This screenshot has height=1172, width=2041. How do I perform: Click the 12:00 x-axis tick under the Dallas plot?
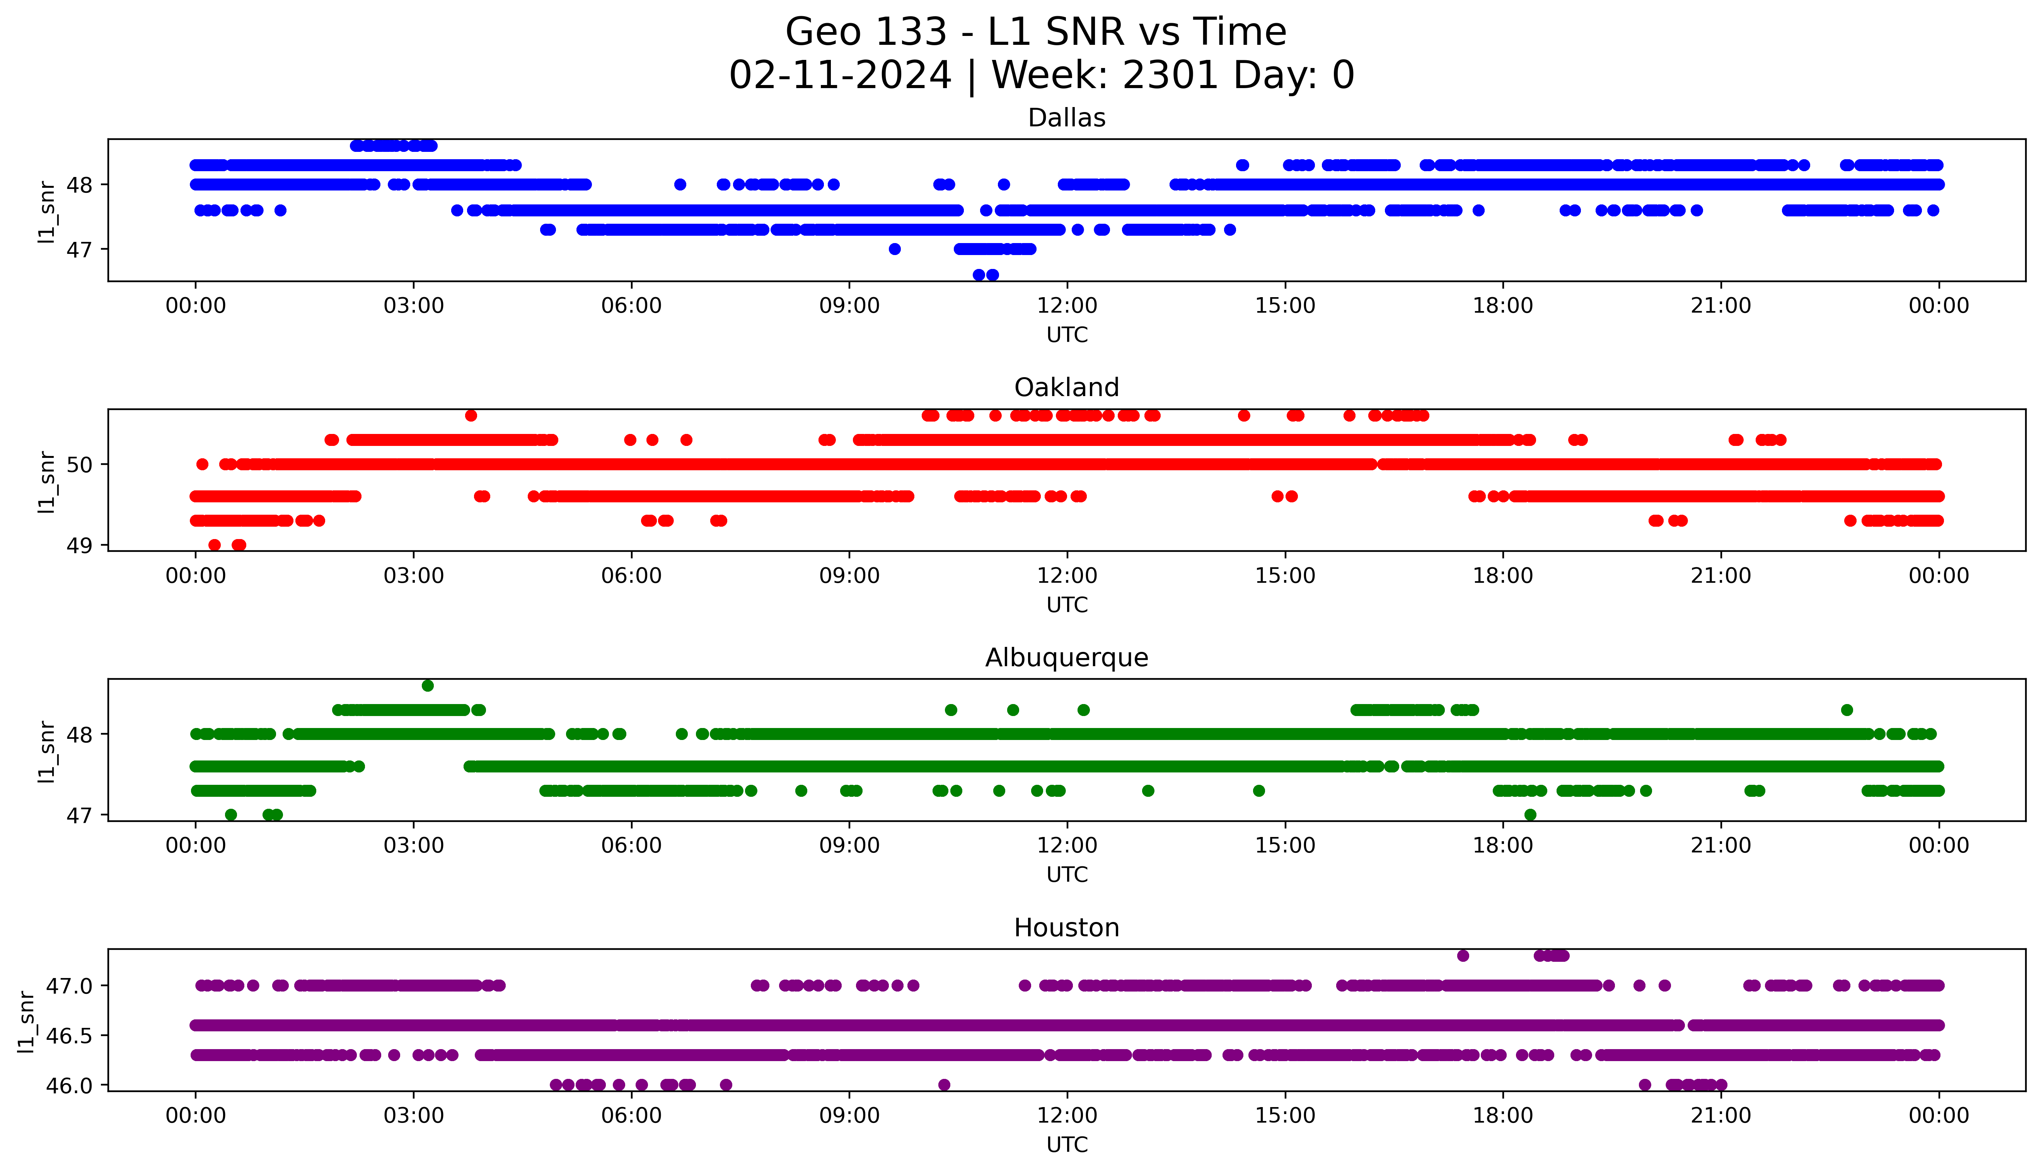(x=1067, y=306)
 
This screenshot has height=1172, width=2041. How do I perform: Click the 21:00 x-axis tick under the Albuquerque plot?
(x=1720, y=846)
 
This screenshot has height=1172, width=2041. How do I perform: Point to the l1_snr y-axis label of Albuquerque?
(x=47, y=751)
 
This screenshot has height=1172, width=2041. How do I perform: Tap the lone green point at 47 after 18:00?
(x=1530, y=815)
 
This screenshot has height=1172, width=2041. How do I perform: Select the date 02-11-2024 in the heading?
(x=841, y=76)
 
